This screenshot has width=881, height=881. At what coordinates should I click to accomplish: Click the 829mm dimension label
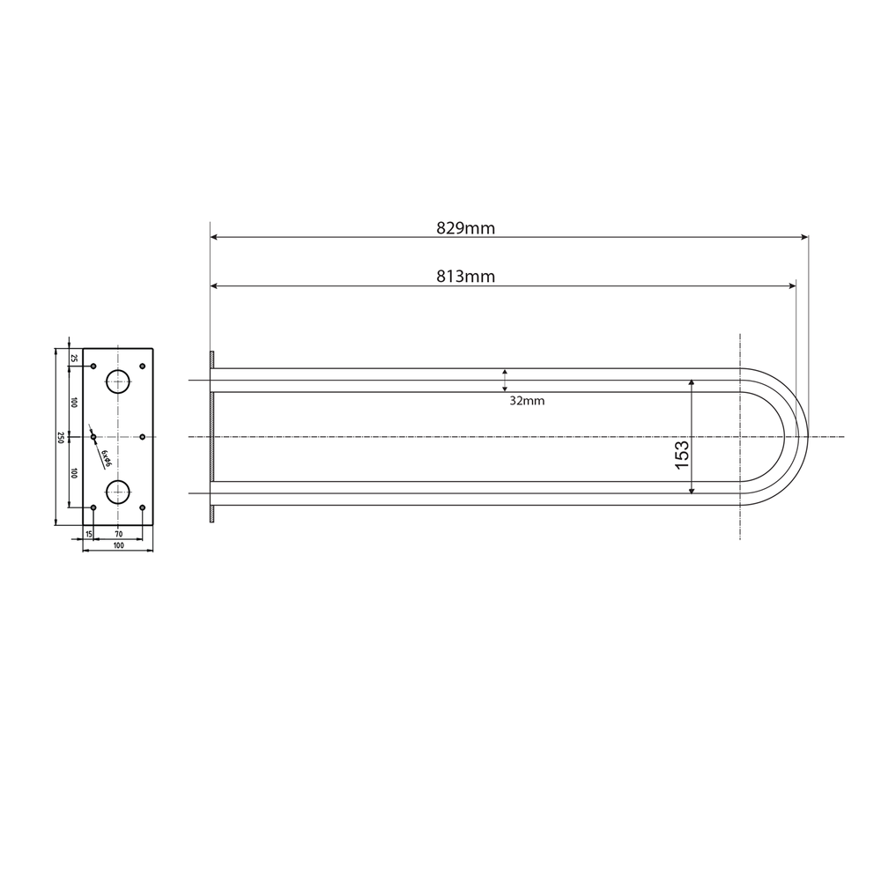pyautogui.click(x=466, y=228)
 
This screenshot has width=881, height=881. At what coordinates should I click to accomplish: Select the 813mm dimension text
pyautogui.click(x=466, y=277)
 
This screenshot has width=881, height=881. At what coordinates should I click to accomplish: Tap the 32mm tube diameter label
pyautogui.click(x=527, y=401)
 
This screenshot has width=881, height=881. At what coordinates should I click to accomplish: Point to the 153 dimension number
pyautogui.click(x=682, y=455)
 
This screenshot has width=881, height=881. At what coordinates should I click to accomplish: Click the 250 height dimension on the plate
pyautogui.click(x=61, y=437)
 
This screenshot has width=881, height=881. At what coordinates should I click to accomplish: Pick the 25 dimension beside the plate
pyautogui.click(x=74, y=358)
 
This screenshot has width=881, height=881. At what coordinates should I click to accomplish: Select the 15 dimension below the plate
pyautogui.click(x=89, y=534)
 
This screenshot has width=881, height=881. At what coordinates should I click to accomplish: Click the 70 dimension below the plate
pyautogui.click(x=118, y=534)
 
